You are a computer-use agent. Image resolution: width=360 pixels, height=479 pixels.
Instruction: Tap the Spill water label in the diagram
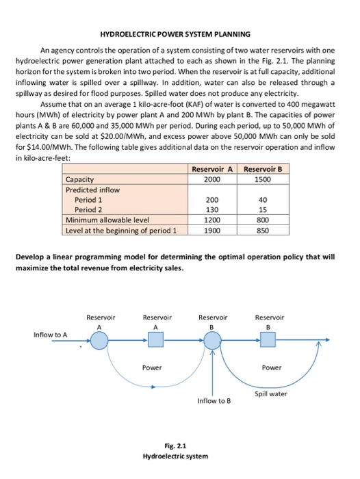tap(271, 393)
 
